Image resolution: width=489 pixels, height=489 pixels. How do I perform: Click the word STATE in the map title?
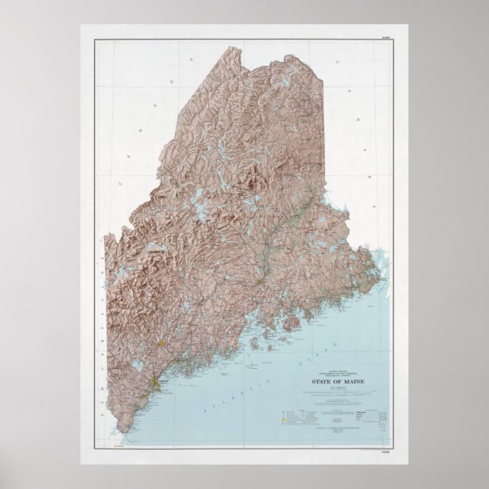320,382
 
